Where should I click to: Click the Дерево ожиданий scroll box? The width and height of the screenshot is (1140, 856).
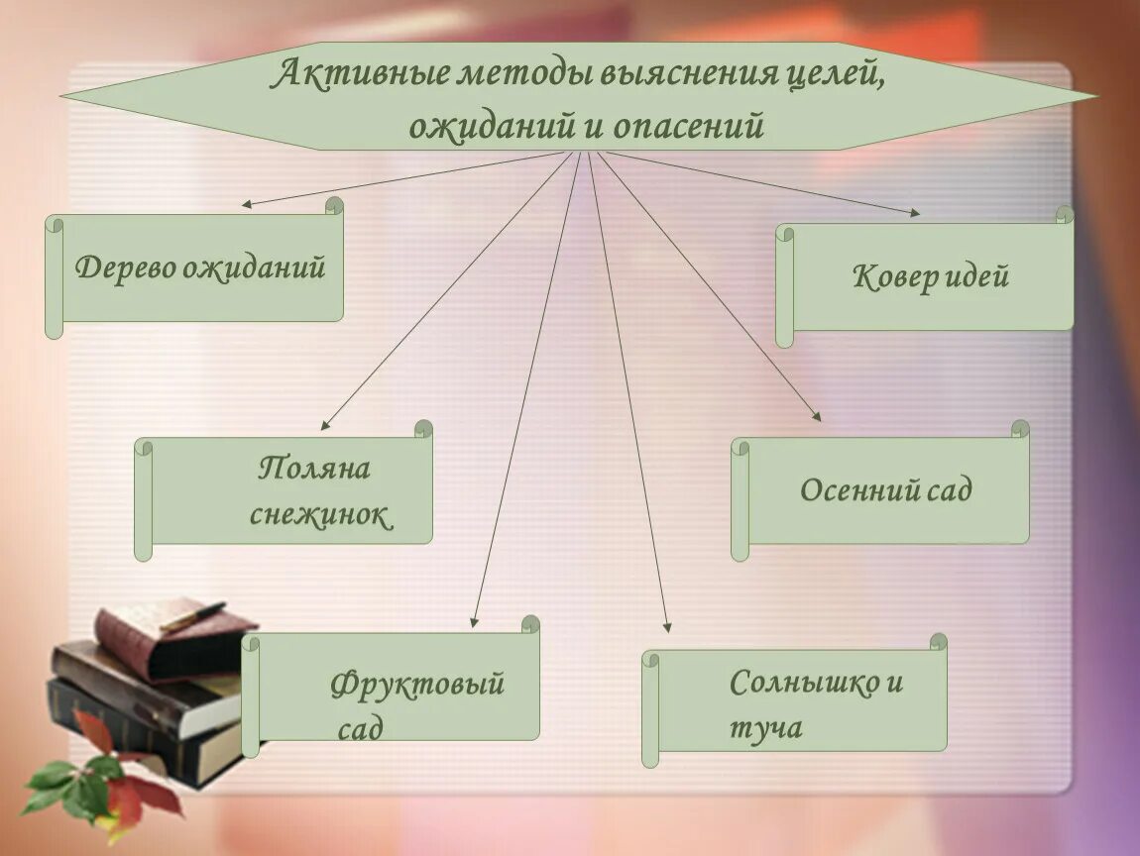199,267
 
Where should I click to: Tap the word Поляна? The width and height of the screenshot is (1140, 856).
314,468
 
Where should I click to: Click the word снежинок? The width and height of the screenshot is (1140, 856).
320,515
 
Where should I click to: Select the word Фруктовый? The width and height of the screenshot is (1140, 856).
417,684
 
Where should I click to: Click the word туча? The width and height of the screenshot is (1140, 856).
765,729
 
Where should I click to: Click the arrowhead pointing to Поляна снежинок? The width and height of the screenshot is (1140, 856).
324,426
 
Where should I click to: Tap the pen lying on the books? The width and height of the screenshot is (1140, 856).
192,616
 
